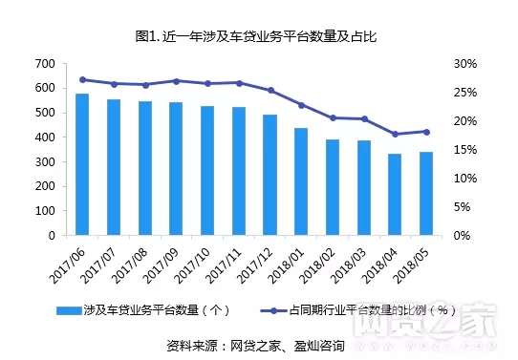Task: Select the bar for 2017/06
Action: tap(82, 163)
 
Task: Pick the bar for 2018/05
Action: tap(425, 193)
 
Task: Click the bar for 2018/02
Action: tap(332, 187)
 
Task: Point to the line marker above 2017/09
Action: tap(176, 81)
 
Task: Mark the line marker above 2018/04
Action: tap(395, 135)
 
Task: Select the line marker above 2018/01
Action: tap(301, 105)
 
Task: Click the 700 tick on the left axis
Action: tap(43, 64)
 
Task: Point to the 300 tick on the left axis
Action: tap(43, 161)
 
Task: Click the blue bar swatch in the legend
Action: tap(69, 309)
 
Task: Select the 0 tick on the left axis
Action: tap(50, 235)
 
